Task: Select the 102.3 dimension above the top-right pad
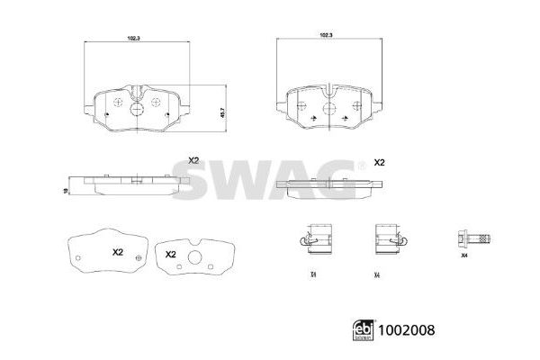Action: [326, 33]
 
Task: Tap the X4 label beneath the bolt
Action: [464, 256]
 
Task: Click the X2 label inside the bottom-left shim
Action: [116, 253]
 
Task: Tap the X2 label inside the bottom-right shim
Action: [171, 255]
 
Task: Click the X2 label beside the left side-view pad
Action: [193, 160]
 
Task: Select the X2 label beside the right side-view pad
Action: [379, 162]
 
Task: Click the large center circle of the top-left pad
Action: [137, 110]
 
